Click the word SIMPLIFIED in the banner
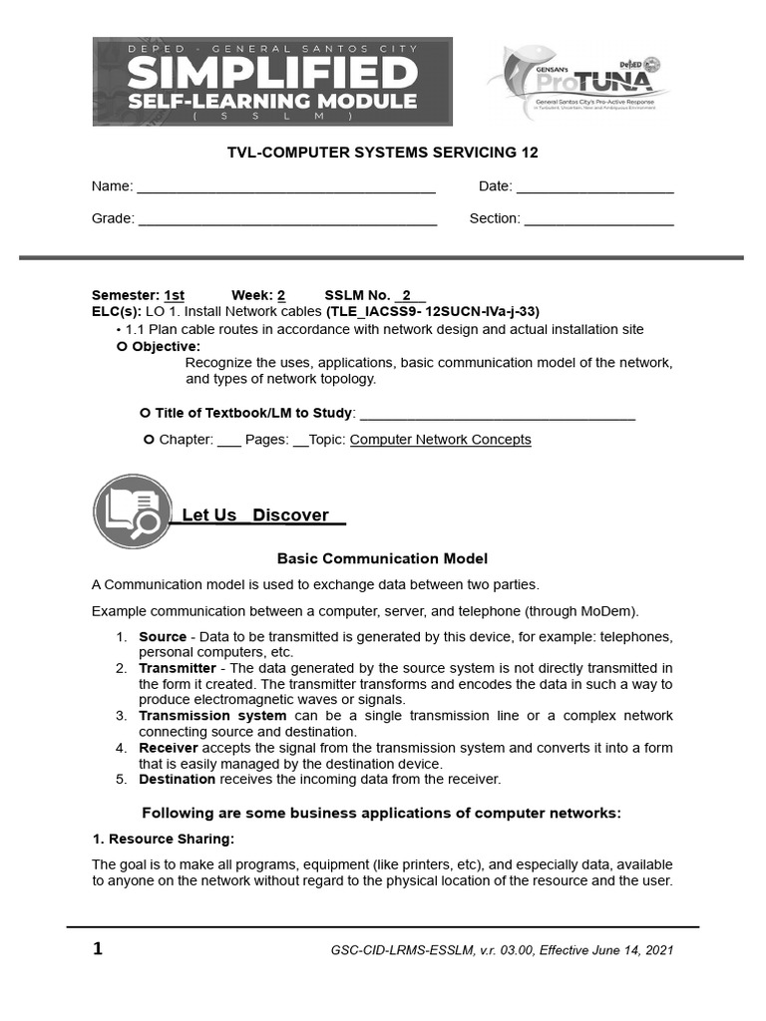[x=272, y=72]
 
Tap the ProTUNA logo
[x=577, y=82]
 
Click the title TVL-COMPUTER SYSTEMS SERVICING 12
[x=383, y=152]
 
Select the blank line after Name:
[x=285, y=187]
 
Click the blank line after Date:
[x=594, y=187]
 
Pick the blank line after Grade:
[x=287, y=219]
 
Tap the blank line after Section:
[x=598, y=219]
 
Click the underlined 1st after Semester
[x=174, y=296]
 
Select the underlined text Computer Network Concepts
[x=440, y=440]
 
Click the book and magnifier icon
[x=132, y=511]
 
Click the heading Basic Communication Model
[x=382, y=559]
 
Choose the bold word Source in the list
[x=162, y=636]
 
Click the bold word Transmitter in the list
[x=177, y=668]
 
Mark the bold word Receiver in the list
[x=168, y=748]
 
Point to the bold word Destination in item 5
[x=177, y=780]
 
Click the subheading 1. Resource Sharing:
[x=163, y=839]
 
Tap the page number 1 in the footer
[x=98, y=949]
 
